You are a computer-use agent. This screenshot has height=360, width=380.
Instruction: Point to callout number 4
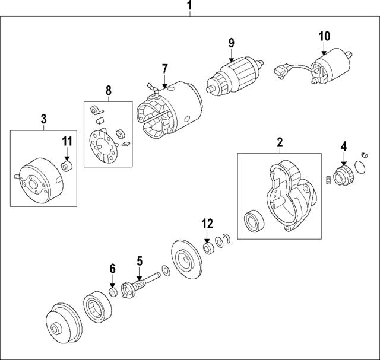(x=343, y=146)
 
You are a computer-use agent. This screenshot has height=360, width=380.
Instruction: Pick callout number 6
(x=112, y=269)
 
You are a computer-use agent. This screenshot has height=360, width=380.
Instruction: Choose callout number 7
(x=164, y=69)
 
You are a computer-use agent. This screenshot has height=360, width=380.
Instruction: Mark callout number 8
(x=108, y=90)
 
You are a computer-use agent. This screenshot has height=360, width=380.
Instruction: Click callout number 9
(x=231, y=43)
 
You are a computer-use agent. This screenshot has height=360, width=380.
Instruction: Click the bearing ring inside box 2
(x=254, y=222)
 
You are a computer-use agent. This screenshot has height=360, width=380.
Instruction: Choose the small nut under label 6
(x=112, y=292)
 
